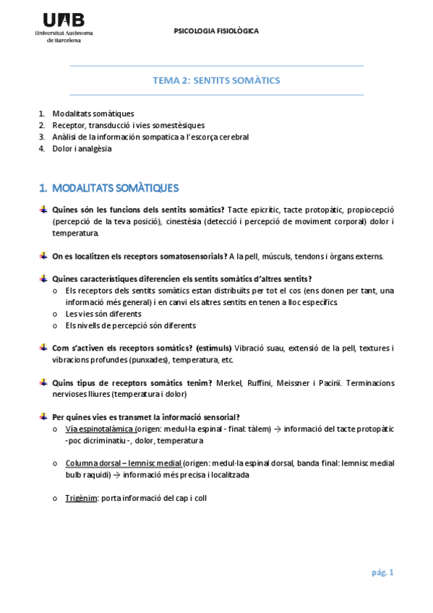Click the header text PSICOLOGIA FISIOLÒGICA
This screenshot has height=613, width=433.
(x=216, y=31)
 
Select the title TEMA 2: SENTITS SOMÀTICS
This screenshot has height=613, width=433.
(x=216, y=80)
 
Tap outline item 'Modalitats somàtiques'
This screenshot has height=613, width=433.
(x=93, y=113)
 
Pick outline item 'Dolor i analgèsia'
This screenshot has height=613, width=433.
(x=82, y=149)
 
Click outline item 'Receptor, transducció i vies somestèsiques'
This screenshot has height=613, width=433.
(x=128, y=125)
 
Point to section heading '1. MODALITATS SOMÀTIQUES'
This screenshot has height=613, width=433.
(x=108, y=189)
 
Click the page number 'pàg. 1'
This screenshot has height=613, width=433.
(x=382, y=573)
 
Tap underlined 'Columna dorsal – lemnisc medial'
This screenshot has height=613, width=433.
(x=123, y=463)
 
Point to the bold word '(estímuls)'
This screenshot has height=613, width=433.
(x=211, y=348)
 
